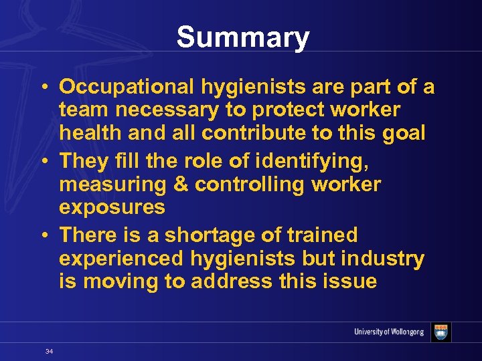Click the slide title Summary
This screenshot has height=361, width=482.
243,38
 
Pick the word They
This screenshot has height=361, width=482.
84,160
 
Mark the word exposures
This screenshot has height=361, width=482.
112,207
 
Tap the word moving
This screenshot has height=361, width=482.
118,281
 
